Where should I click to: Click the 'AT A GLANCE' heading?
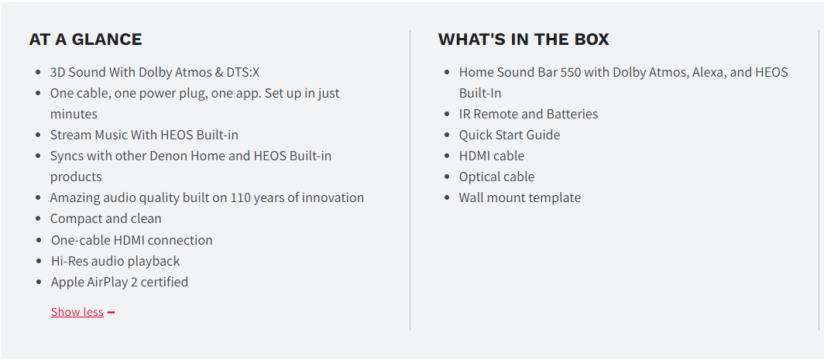pyautogui.click(x=85, y=39)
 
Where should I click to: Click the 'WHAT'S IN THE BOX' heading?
pyautogui.click(x=524, y=39)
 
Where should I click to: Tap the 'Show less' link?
pyautogui.click(x=77, y=312)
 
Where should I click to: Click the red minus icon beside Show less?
pyautogui.click(x=111, y=313)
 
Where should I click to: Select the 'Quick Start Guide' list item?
pyautogui.click(x=510, y=135)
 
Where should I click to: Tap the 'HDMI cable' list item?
pyautogui.click(x=491, y=156)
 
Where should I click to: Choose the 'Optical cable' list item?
pyautogui.click(x=496, y=177)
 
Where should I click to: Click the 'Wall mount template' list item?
pyautogui.click(x=520, y=197)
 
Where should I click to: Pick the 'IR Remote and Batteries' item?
pyautogui.click(x=528, y=114)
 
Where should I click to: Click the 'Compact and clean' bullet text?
pyautogui.click(x=105, y=218)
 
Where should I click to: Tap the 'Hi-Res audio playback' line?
pyautogui.click(x=115, y=261)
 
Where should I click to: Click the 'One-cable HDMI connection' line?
pyautogui.click(x=132, y=240)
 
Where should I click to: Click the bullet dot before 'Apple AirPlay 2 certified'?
pyautogui.click(x=39, y=283)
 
